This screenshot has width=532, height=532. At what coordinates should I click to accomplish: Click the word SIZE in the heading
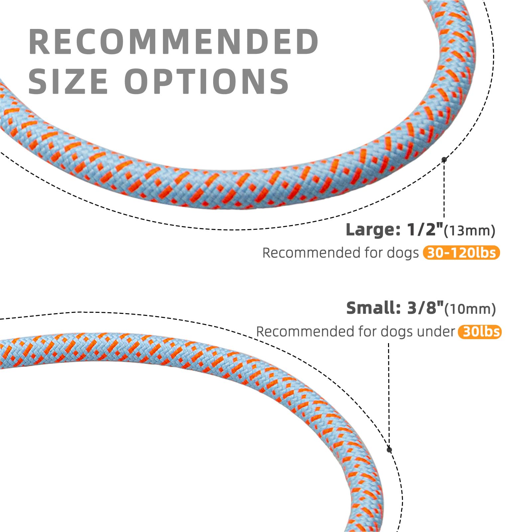(x=68, y=81)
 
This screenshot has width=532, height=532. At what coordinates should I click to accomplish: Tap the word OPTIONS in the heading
(x=206, y=81)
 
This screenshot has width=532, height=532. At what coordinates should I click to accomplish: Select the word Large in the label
(x=373, y=230)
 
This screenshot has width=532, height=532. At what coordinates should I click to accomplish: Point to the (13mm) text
(x=469, y=231)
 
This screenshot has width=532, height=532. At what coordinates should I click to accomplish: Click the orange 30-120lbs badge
(x=461, y=253)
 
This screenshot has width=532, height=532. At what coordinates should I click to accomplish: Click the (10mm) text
(x=470, y=309)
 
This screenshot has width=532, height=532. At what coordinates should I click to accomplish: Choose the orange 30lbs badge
(x=479, y=332)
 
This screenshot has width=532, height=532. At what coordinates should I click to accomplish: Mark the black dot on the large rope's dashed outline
(x=444, y=160)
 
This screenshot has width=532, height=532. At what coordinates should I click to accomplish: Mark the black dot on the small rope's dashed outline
(x=389, y=450)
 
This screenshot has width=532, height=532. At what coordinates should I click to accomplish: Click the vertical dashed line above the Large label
(x=444, y=190)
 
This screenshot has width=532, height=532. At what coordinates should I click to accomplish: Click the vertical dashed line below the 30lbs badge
(x=389, y=392)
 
